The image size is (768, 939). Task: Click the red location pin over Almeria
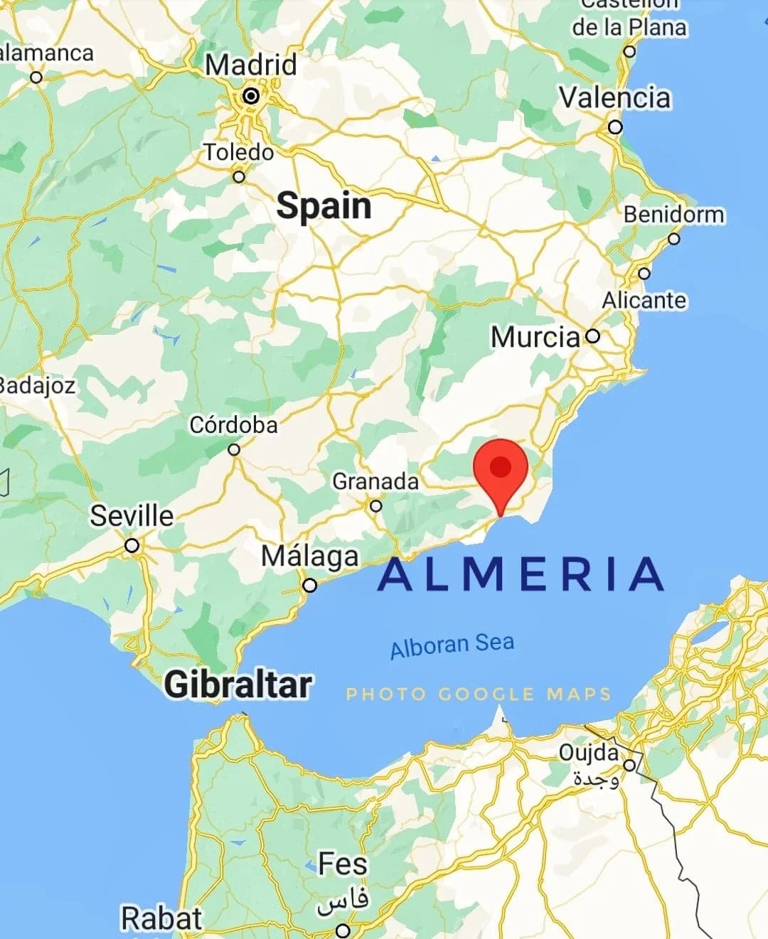(501, 470)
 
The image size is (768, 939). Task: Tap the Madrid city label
(251, 65)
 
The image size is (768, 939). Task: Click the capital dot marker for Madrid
(251, 95)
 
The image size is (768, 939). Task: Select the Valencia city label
(614, 98)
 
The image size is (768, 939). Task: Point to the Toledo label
(239, 152)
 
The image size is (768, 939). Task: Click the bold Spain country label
(324, 206)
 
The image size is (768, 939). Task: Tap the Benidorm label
(674, 214)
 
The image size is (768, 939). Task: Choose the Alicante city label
(644, 300)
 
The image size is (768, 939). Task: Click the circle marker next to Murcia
(592, 336)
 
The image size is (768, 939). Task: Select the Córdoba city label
(233, 425)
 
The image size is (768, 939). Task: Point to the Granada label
(375, 481)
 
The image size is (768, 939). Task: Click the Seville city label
(132, 515)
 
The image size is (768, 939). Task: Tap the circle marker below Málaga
(310, 586)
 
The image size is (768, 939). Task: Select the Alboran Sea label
(452, 645)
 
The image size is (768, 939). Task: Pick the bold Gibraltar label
(238, 685)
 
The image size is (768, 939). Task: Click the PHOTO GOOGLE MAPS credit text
(479, 694)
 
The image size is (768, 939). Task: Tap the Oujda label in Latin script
(588, 752)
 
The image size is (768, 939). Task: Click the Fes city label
(343, 864)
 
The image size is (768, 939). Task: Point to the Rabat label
(161, 918)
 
